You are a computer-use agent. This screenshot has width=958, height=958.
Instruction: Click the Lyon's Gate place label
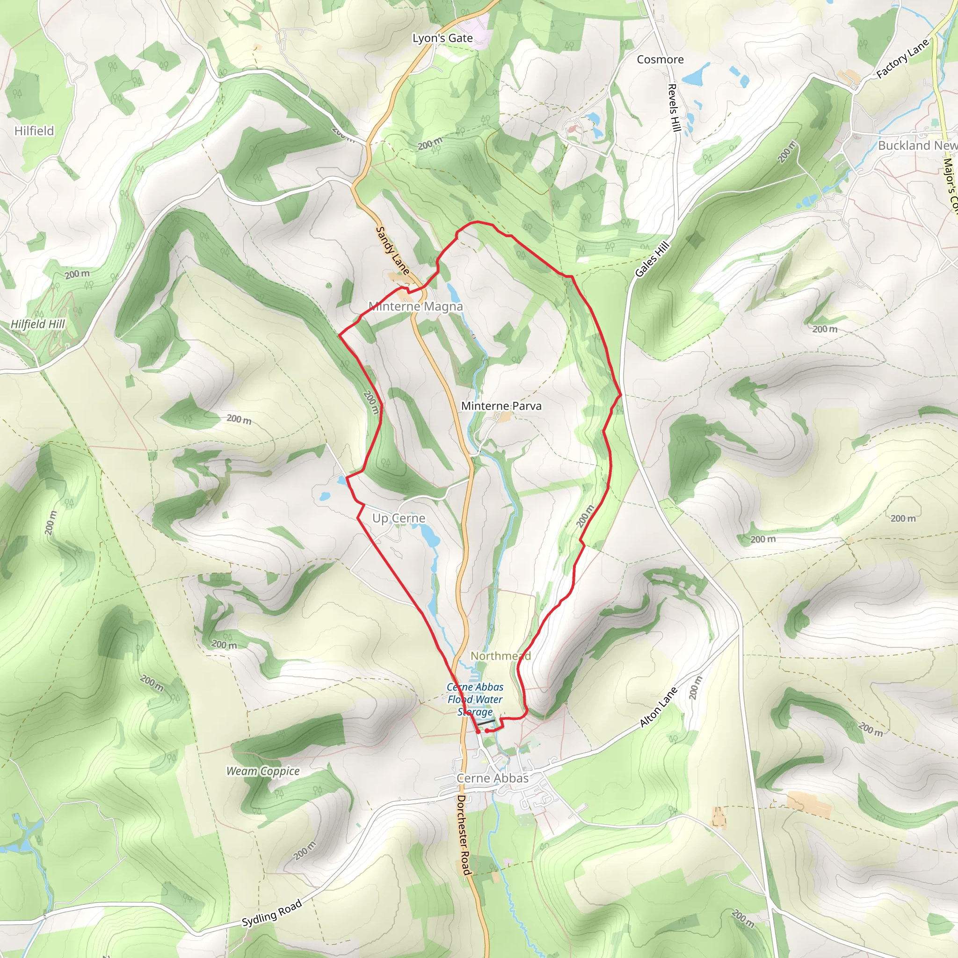coord(443,38)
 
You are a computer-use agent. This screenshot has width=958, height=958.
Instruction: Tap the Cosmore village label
coord(660,59)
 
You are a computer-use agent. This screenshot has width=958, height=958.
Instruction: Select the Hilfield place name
coord(34,131)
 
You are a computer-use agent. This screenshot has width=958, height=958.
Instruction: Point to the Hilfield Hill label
coord(38,324)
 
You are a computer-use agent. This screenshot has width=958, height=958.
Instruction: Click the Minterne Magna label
coord(415,306)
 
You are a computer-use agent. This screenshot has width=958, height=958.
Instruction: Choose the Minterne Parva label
coord(501,406)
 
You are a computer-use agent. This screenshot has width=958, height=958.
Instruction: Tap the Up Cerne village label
coord(399,518)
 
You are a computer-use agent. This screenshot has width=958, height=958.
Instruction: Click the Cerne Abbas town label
coord(493,778)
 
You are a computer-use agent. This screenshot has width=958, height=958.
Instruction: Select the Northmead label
coord(501,655)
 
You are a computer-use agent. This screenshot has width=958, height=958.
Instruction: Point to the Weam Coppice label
coord(263,771)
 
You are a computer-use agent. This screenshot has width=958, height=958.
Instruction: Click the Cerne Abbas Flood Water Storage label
coord(475,699)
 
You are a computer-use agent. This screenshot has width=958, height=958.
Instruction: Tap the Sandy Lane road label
coord(393,250)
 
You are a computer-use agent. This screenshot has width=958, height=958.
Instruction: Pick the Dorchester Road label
coord(463,835)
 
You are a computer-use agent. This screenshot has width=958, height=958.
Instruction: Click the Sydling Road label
coord(272,914)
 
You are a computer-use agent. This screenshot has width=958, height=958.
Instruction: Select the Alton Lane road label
coord(659,708)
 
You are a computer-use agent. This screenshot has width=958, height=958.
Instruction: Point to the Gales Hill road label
coord(653,259)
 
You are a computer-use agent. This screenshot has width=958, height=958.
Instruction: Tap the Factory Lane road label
coord(902,58)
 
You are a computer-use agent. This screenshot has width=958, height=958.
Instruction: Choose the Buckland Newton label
coord(917,145)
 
